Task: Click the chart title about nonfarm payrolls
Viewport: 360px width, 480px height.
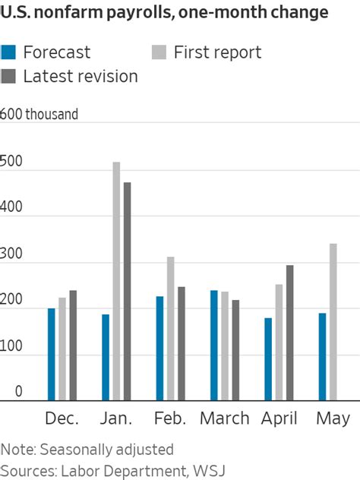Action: [x=165, y=13]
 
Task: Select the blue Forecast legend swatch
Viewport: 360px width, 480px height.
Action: [x=9, y=52]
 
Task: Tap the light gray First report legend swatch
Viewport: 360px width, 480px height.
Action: [x=159, y=52]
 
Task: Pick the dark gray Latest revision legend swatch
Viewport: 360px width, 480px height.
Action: [x=9, y=76]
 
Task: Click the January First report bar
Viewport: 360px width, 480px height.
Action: [x=116, y=281]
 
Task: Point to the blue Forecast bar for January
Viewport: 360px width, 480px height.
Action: [x=106, y=357]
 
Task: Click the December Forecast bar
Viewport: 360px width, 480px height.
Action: [x=52, y=354]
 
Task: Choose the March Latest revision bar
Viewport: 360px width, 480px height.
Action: [x=235, y=350]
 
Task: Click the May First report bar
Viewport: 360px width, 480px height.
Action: [x=333, y=322]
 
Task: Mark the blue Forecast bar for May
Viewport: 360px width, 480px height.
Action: [x=322, y=356]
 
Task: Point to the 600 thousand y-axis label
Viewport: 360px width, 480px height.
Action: [x=39, y=115]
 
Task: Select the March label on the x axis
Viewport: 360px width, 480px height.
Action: [x=225, y=418]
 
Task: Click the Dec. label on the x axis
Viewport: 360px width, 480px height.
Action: [x=62, y=418]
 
